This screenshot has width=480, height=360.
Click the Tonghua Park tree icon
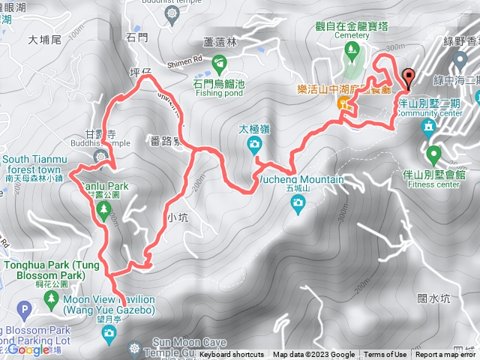(51, 298)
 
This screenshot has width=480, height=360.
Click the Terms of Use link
(385, 355)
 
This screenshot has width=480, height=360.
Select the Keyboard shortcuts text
(232, 355)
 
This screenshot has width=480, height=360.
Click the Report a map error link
(446, 355)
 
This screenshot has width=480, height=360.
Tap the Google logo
(30, 349)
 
